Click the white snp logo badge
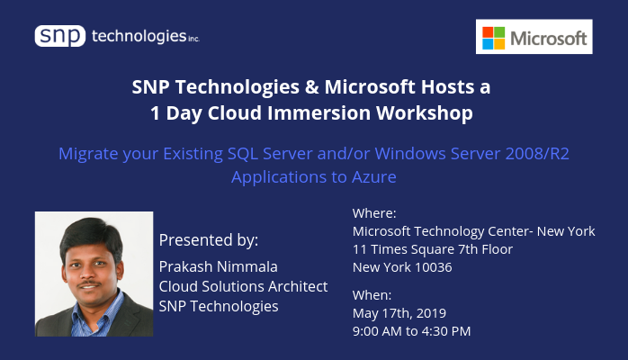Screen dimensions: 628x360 pyautogui.click(x=60, y=36)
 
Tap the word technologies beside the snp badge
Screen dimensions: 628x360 pyautogui.click(x=139, y=36)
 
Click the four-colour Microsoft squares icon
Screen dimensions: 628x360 pyautogui.click(x=493, y=38)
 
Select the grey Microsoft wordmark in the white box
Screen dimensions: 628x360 pyautogui.click(x=548, y=39)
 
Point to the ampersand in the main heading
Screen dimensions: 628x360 pyautogui.click(x=311, y=87)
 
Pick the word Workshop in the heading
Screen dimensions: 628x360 pyautogui.click(x=425, y=113)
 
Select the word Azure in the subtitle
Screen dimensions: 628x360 pyautogui.click(x=374, y=177)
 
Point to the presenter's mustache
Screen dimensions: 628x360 pyautogui.click(x=89, y=283)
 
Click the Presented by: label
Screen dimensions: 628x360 pyautogui.click(x=209, y=240)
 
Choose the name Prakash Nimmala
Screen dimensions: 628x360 pyautogui.click(x=219, y=266)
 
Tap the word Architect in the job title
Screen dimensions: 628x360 pyautogui.click(x=298, y=287)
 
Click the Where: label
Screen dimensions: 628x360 pyautogui.click(x=374, y=213)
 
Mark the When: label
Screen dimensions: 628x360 pyautogui.click(x=372, y=295)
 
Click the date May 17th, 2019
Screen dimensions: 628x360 pyautogui.click(x=399, y=313)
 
